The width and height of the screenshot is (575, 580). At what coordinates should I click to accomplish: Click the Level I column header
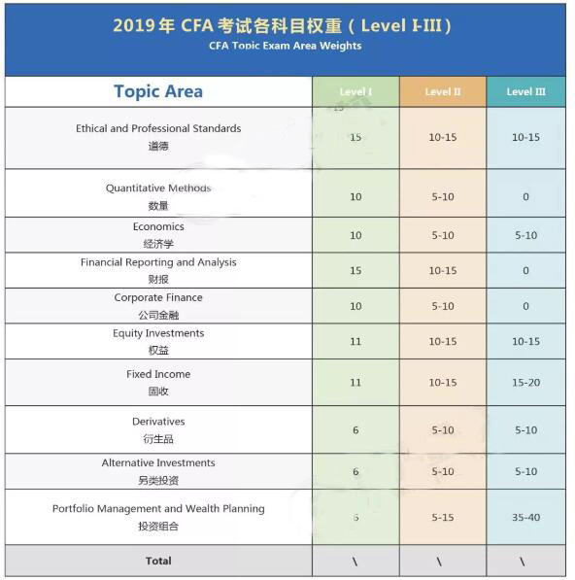355,92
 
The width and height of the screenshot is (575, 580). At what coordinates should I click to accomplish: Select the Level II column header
443,92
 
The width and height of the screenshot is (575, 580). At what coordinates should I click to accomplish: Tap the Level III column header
525,92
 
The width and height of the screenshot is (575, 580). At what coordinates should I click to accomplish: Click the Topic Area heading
158,91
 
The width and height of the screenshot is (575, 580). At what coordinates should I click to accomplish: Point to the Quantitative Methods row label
158,188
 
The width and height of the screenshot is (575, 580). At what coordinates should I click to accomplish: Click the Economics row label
158,226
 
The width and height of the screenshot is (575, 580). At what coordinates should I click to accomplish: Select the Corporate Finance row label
158,297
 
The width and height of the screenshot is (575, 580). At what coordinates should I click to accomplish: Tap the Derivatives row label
158,422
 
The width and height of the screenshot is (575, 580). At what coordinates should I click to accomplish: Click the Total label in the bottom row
158,561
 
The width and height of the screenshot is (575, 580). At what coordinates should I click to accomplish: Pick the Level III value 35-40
525,518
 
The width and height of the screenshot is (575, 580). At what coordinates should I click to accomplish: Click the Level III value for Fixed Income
525,383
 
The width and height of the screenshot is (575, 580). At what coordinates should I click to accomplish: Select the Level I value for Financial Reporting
355,271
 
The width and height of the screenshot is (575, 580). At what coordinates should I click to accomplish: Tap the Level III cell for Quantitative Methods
525,197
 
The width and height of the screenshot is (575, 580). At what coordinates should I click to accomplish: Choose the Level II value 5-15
443,518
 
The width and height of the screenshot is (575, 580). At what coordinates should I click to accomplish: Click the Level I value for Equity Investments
355,342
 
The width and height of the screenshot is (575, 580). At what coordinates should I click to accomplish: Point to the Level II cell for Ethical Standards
443,138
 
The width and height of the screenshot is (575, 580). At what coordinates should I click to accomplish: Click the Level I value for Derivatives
355,430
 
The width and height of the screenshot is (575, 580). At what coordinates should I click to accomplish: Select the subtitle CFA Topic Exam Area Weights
285,46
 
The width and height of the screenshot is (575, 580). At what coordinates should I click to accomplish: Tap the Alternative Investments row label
158,462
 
